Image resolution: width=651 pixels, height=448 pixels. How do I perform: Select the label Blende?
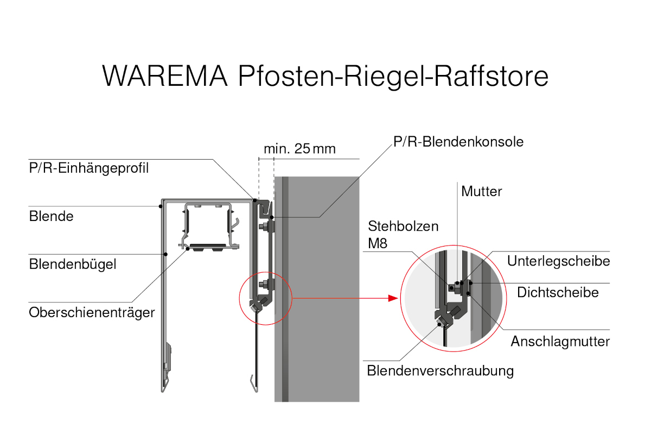click(x=51, y=216)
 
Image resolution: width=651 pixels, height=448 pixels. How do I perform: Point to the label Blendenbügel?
click(x=73, y=264)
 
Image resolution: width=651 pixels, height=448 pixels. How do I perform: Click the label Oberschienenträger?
click(x=92, y=313)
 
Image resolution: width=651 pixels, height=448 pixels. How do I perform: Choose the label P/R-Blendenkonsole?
click(x=459, y=142)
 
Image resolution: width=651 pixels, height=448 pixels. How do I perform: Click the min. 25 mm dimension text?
click(x=299, y=149)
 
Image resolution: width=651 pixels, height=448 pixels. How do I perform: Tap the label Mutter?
click(x=482, y=191)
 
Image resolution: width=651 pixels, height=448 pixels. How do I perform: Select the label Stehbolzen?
click(x=403, y=226)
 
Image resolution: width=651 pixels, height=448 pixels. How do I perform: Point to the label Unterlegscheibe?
click(x=559, y=261)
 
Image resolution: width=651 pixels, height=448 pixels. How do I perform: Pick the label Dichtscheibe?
click(x=558, y=293)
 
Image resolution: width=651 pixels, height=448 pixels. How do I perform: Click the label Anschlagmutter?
click(x=560, y=342)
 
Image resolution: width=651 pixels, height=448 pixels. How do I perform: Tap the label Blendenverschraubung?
click(x=440, y=371)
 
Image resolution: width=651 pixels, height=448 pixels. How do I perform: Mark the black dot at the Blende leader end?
click(x=161, y=206)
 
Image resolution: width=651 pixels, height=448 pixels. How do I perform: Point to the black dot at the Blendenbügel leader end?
click(x=166, y=254)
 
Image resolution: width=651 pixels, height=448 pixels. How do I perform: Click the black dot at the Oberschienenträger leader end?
click(x=188, y=249)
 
